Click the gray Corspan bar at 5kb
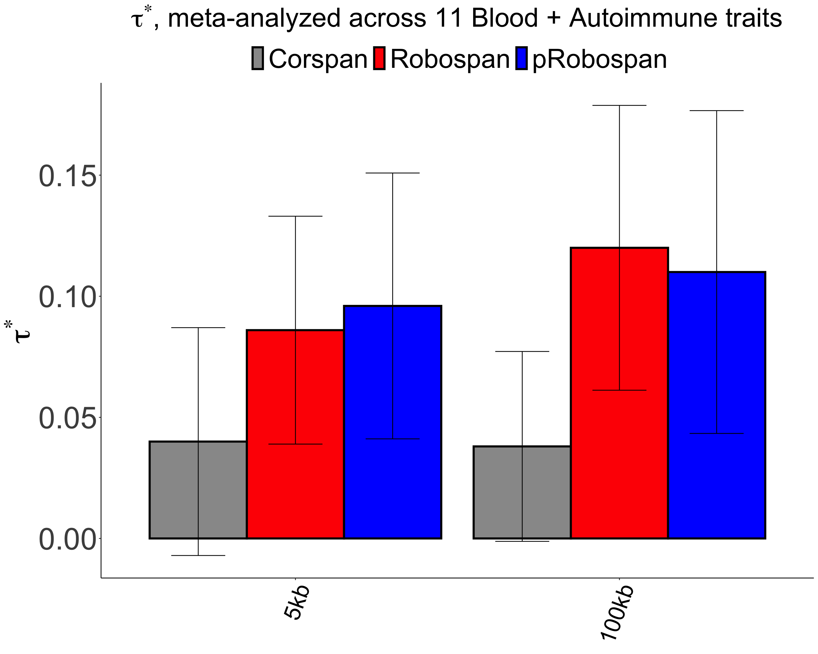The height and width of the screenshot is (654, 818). coord(198,490)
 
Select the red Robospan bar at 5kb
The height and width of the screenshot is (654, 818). coord(295,434)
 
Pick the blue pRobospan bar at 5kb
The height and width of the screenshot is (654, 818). coord(392,422)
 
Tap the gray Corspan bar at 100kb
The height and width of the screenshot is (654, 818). coord(522,492)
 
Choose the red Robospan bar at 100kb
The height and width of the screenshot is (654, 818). coord(619,393)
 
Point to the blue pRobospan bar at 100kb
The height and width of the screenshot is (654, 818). coord(717,405)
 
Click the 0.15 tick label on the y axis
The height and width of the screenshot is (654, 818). coord(67,176)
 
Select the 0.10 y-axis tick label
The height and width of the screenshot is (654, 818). coord(67,297)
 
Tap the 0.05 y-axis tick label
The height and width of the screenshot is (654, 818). coord(67,418)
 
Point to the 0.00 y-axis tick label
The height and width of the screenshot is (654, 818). coord(67,539)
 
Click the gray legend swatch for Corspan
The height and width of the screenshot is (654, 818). coord(258,58)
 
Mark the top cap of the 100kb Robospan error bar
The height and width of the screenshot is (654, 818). coord(619,105)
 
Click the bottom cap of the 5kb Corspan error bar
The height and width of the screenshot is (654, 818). coord(198,556)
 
